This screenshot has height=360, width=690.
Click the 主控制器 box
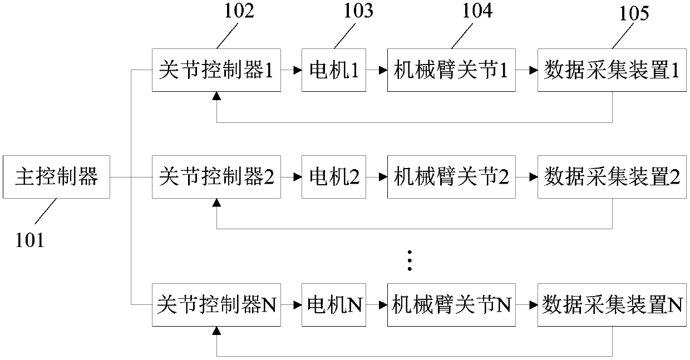[x=57, y=177]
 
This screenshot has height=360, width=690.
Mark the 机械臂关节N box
[x=451, y=304]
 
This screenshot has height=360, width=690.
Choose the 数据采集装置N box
[x=612, y=304]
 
